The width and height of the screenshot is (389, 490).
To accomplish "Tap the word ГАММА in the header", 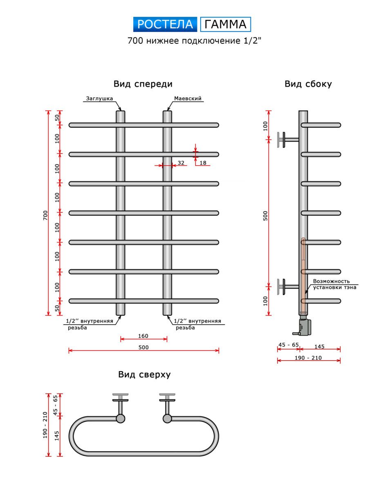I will click(x=226, y=24).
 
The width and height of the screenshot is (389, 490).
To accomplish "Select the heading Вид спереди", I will click(x=143, y=84).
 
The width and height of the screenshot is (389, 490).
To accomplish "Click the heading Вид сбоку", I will click(x=308, y=84).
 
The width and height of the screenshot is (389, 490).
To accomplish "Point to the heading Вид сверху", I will click(x=144, y=374).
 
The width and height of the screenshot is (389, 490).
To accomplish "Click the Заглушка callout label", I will click(x=99, y=98).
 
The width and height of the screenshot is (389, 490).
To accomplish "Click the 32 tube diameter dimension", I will click(x=181, y=163).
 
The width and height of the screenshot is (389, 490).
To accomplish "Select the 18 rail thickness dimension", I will click(x=203, y=163).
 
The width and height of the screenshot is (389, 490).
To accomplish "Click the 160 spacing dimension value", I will click(x=143, y=336).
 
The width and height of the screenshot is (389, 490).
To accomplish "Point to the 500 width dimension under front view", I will click(x=144, y=347).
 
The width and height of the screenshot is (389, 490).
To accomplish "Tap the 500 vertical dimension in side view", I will click(x=266, y=216).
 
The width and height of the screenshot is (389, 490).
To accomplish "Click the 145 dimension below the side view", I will click(x=320, y=347).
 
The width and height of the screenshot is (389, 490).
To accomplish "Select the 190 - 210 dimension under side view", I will click(x=309, y=358).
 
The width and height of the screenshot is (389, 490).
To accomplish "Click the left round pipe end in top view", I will click(x=121, y=419).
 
